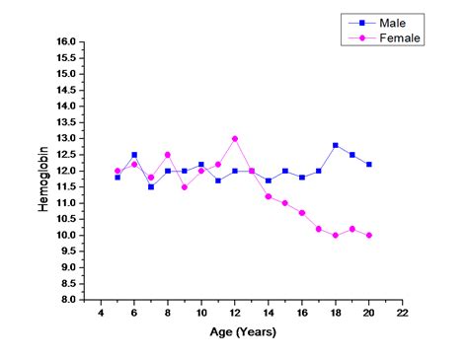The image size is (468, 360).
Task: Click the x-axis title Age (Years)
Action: point(243,332)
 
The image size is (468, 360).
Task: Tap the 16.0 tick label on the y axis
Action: point(65,42)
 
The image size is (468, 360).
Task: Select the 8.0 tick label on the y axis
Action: point(65,299)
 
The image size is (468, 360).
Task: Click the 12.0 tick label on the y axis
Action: point(65,171)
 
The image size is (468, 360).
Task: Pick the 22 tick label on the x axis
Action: point(402,313)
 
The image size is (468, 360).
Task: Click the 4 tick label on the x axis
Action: point(101,313)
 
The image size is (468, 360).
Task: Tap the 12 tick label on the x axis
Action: point(235,313)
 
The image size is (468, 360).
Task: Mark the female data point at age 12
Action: point(235,139)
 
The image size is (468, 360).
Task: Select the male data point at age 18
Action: point(336,145)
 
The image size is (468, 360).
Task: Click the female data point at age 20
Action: point(369,235)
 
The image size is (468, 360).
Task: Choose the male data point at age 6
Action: point(134,155)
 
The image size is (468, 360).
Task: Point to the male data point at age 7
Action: point(151,186)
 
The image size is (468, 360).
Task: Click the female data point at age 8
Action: point(168,155)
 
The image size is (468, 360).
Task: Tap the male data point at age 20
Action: point(369,165)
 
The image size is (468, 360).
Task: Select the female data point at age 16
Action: point(302,213)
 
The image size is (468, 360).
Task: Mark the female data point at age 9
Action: point(185,186)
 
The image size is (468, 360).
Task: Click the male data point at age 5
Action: point(117,178)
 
